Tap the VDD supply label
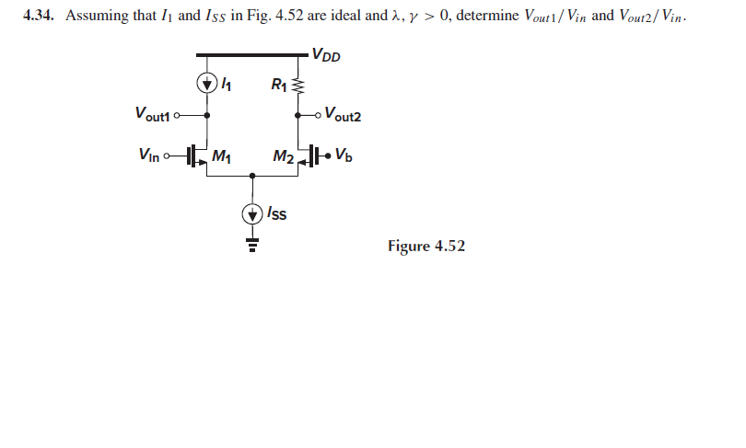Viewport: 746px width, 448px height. pos(326,54)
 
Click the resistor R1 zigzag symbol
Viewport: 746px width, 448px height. pos(297,86)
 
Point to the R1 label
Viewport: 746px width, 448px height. pos(278,86)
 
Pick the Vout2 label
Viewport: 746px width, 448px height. pos(345,115)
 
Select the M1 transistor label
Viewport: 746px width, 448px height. pos(222,155)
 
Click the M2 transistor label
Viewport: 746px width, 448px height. pos(283,155)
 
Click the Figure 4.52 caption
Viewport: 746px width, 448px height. pos(426,246)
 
